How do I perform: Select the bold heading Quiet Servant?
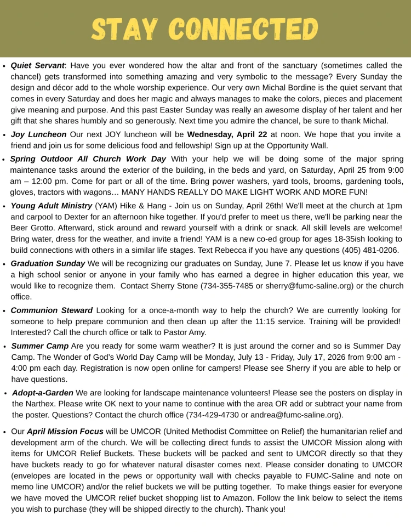click(37, 65)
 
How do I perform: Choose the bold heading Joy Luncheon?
click(38, 134)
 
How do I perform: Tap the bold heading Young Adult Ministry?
click(52, 206)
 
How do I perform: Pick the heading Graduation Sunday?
click(48, 263)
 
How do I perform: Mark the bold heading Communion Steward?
click(52, 310)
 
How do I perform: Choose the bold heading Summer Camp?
click(40, 346)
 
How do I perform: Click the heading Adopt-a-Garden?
click(42, 393)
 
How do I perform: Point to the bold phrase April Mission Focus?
click(65, 432)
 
